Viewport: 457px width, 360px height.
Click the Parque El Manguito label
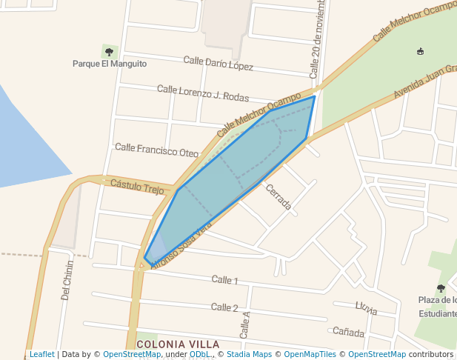[x=109, y=64]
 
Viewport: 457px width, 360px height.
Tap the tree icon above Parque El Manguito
[x=110, y=52]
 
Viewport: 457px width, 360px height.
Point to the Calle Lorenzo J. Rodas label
[x=202, y=93]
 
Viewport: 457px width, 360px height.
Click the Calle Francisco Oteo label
[x=156, y=150]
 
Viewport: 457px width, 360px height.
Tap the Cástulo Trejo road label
[x=136, y=185]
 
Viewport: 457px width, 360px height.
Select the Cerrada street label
[x=278, y=196]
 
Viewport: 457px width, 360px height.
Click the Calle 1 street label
[x=224, y=280]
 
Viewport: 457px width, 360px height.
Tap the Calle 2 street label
[x=224, y=307]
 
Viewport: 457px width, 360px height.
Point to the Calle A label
[x=244, y=324]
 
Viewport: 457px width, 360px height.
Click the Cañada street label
[x=348, y=331]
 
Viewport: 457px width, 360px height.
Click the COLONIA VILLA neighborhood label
[x=178, y=344]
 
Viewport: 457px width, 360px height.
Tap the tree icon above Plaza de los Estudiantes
[x=441, y=287]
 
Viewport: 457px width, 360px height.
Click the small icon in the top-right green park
[x=421, y=51]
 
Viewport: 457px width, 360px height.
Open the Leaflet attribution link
[x=41, y=354]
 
